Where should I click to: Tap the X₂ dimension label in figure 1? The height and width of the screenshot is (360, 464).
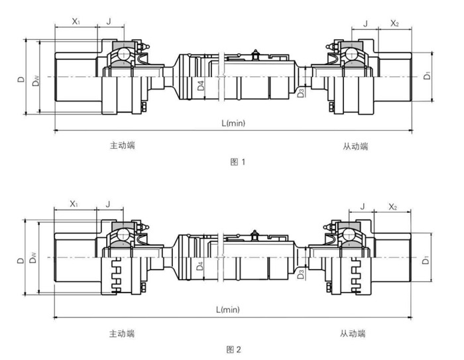click(394, 23)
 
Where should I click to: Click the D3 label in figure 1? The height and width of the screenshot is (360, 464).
click(302, 91)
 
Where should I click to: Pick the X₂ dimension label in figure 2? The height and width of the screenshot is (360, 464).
click(392, 208)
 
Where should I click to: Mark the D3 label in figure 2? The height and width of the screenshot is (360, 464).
click(302, 274)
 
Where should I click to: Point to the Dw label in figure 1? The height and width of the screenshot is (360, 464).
click(36, 83)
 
